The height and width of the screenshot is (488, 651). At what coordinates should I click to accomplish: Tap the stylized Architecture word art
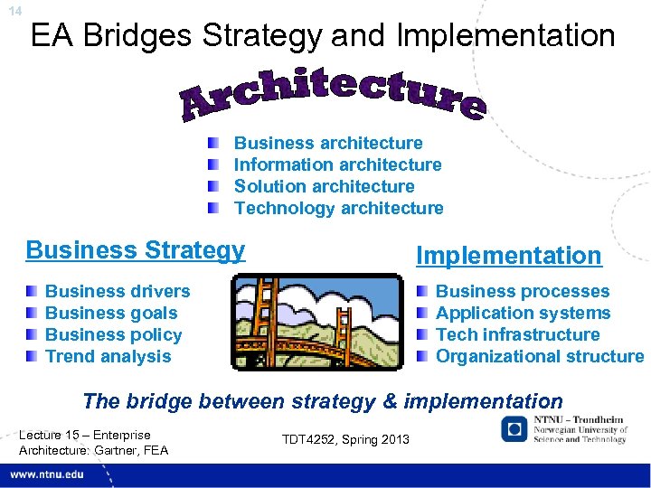click(333, 93)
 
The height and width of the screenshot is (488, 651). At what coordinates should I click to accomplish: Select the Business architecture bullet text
click(328, 143)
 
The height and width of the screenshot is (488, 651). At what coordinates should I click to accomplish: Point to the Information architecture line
click(337, 164)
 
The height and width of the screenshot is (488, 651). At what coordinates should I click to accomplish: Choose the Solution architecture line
click(324, 186)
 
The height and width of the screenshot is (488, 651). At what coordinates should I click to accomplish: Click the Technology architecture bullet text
click(338, 208)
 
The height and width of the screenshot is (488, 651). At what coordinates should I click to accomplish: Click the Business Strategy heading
click(136, 249)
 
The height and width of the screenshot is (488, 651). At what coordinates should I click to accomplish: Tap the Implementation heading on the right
click(508, 256)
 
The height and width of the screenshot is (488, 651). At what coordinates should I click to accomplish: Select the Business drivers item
click(118, 291)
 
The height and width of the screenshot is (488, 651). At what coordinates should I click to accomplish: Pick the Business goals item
click(111, 313)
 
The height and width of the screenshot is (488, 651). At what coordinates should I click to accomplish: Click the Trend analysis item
click(108, 356)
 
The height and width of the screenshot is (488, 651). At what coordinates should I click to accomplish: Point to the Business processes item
click(523, 291)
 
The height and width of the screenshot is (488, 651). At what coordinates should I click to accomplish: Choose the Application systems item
click(523, 313)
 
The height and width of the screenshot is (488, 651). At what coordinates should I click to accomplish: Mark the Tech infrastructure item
click(517, 334)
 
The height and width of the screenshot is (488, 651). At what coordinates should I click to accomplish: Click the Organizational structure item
click(540, 356)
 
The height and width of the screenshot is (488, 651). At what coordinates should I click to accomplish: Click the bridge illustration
click(316, 324)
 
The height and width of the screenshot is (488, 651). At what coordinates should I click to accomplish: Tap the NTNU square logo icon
click(514, 431)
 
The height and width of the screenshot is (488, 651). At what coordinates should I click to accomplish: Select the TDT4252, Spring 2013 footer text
click(345, 439)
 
